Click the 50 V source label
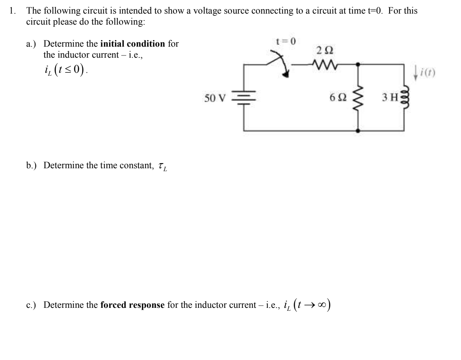point(215,98)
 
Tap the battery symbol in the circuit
point(243,98)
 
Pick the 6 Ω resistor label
point(338,98)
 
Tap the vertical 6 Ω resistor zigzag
point(358,98)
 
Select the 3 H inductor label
point(390,98)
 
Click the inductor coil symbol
point(405,98)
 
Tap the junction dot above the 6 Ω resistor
point(358,64)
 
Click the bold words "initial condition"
point(133,44)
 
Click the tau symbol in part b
point(161,166)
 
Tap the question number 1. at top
point(13,11)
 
